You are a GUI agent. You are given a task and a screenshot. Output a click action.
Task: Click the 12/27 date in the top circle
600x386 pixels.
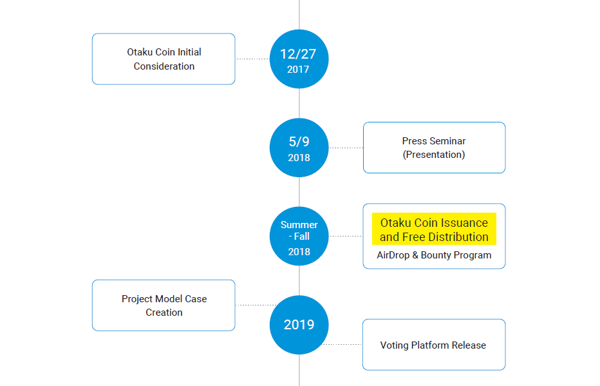(298, 54)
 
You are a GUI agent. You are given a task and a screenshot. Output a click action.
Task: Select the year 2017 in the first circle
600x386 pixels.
(298, 70)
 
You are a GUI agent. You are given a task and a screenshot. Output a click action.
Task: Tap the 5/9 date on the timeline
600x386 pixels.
(299, 142)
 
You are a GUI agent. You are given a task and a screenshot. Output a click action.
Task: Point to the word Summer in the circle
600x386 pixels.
(299, 225)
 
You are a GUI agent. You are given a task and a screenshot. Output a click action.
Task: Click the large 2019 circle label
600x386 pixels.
(299, 325)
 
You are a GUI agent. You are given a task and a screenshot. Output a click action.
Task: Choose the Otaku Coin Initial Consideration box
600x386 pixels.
(164, 59)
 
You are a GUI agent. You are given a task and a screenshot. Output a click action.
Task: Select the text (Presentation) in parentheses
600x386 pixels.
(434, 154)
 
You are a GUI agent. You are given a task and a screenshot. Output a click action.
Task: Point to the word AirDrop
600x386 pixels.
(393, 255)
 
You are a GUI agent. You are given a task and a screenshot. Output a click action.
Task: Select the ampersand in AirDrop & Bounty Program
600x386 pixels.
(415, 255)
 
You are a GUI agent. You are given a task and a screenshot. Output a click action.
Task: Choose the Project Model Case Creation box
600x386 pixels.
(164, 305)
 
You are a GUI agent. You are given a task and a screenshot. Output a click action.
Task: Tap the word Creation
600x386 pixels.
(164, 313)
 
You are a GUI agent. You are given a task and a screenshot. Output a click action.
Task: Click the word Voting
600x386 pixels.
(395, 345)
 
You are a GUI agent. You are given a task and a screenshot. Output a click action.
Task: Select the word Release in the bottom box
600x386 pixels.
(469, 345)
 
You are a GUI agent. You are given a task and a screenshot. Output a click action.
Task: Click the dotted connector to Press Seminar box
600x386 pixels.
(346, 148)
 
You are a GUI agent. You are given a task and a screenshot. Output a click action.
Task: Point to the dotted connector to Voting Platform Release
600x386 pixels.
(343, 344)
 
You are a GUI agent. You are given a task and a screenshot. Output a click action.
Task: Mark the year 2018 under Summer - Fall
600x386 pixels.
(299, 251)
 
